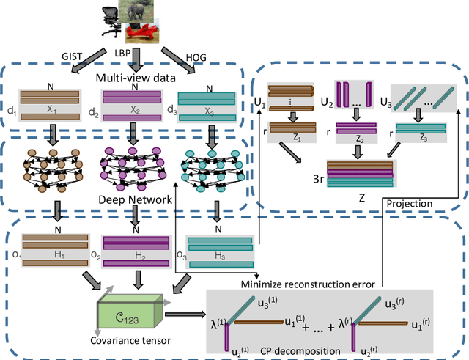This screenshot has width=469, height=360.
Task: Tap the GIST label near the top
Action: click(x=73, y=55)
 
